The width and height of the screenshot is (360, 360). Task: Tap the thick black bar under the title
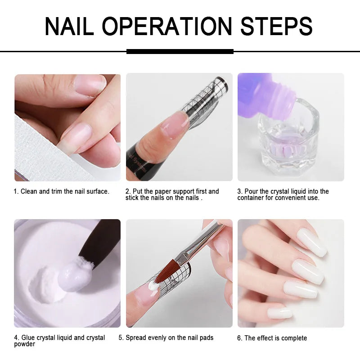point(180,51)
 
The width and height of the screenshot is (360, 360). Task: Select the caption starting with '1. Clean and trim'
point(61,192)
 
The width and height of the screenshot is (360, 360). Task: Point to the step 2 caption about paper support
point(172,195)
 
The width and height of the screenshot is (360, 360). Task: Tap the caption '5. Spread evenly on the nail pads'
point(166,337)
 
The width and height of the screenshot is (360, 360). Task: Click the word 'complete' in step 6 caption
point(293,338)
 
